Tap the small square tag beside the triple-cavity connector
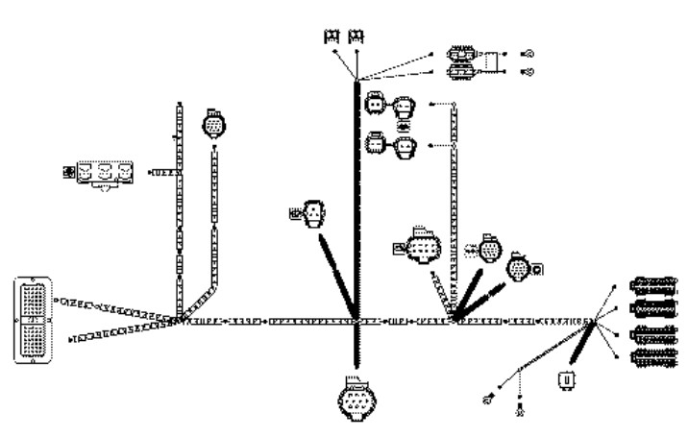[67, 173]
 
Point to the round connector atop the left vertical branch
[213, 126]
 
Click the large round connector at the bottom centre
[354, 402]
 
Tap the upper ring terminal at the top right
[528, 54]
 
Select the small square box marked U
[567, 380]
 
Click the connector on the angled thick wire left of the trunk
[313, 215]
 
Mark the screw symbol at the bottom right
[520, 411]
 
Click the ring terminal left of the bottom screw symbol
[489, 398]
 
